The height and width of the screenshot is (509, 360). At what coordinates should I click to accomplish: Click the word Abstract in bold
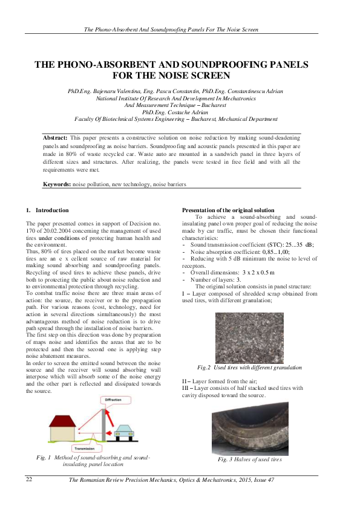click(55, 138)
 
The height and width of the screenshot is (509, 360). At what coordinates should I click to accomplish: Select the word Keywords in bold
click(57, 183)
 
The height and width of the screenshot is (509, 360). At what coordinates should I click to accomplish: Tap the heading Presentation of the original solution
click(231, 210)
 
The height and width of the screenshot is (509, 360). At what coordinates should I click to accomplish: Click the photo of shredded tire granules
click(249, 337)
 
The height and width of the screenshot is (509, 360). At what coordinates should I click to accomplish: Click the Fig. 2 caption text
click(249, 367)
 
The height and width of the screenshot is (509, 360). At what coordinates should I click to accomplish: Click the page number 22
click(28, 479)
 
